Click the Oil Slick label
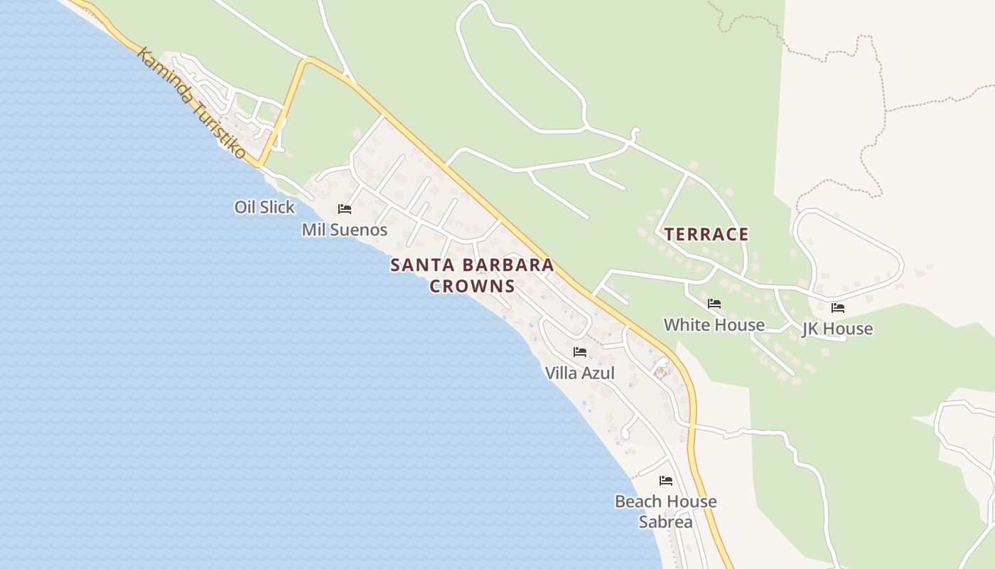264,207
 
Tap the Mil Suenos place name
345,230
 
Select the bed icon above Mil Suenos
345,209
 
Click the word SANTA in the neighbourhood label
415,265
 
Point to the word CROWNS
472,287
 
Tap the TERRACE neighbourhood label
706,235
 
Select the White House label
714,325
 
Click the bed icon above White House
714,304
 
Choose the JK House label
837,329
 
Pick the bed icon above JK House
838,308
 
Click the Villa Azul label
579,373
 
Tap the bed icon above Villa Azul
580,352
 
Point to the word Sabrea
665,522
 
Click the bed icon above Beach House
666,481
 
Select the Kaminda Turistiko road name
190,103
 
